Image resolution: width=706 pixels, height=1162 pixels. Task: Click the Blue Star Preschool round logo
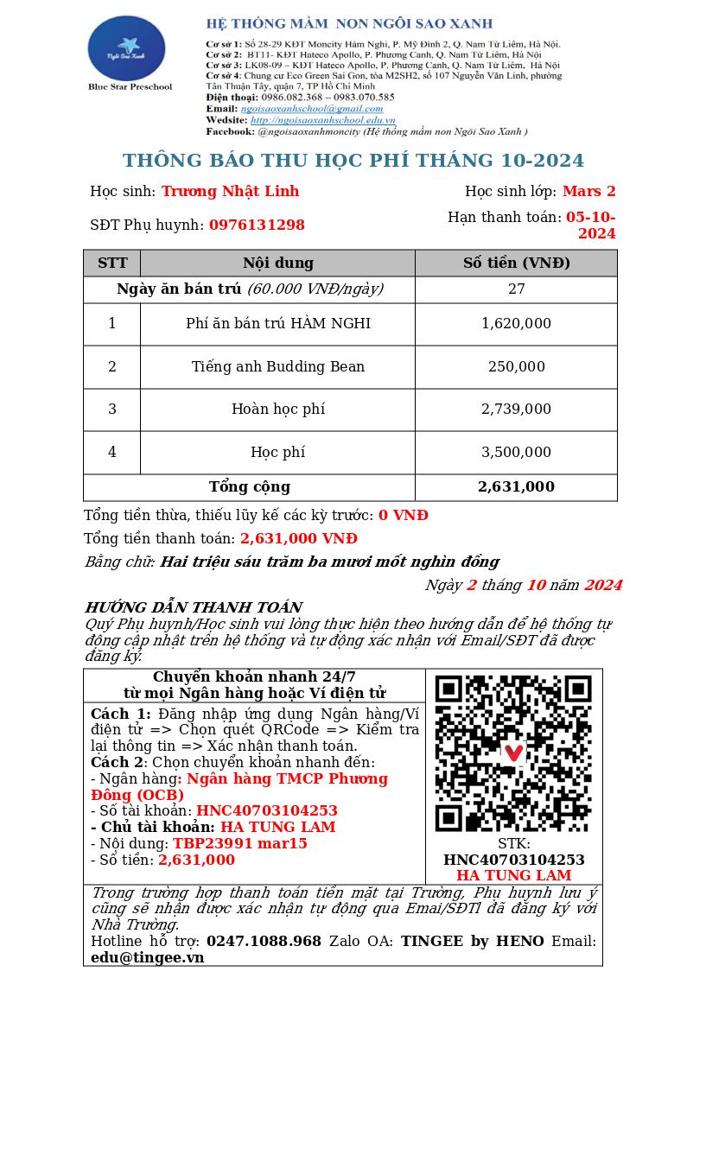tap(126, 48)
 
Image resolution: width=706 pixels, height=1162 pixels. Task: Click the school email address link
tap(312, 109)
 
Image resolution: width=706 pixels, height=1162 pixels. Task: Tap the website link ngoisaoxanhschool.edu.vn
tap(322, 120)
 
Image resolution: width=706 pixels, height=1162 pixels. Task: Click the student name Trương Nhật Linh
tap(230, 191)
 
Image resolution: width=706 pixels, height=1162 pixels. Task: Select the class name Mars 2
tap(588, 191)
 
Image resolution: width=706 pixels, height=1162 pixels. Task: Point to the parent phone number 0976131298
tap(257, 225)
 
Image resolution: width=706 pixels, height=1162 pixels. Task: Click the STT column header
tap(112, 263)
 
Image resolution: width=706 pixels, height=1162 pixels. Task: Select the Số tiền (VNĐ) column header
tap(516, 263)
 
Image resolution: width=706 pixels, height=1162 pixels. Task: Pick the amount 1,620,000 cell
tap(516, 323)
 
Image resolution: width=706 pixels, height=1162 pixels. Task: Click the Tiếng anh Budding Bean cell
tap(277, 366)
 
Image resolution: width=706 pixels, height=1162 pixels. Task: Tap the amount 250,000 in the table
tap(516, 366)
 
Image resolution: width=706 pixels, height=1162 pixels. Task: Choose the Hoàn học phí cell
tap(277, 409)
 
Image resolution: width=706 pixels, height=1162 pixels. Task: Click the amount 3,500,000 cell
tap(516, 452)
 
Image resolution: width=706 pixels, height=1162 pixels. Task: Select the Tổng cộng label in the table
tap(249, 486)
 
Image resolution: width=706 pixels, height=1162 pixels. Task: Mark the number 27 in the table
tap(516, 289)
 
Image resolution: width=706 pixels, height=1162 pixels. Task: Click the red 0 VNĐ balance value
tap(403, 515)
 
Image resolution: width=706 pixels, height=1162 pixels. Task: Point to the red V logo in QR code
tap(514, 752)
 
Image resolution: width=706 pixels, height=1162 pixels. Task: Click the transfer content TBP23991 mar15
tap(239, 843)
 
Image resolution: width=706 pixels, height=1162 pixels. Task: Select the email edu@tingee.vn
tap(147, 957)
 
